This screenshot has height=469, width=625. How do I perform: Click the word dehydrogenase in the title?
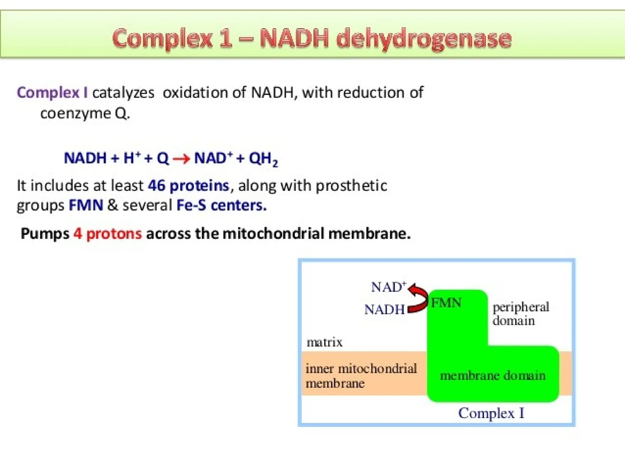click(x=424, y=39)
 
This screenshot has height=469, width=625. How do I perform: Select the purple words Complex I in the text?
click(x=52, y=93)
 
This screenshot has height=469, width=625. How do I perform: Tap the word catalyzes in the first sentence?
click(x=123, y=93)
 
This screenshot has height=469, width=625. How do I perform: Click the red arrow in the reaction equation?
click(x=181, y=159)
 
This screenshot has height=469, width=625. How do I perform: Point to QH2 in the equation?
click(x=263, y=159)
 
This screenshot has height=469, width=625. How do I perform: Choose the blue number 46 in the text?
click(x=156, y=186)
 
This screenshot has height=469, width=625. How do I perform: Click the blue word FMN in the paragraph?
click(x=86, y=205)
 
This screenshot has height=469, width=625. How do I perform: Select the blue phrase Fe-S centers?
click(x=222, y=205)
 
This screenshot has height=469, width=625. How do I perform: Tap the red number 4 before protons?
click(x=78, y=234)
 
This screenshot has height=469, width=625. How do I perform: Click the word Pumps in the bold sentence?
click(x=45, y=234)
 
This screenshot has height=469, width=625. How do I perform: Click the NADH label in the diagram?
click(x=384, y=310)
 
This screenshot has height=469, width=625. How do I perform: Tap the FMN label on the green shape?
click(x=446, y=303)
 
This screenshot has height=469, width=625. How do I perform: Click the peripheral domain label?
click(x=520, y=314)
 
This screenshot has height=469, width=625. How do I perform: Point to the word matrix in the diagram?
click(x=324, y=342)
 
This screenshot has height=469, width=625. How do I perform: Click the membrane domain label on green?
click(x=492, y=376)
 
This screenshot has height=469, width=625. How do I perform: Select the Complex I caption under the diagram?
click(x=491, y=413)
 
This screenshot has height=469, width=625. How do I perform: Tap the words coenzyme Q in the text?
click(x=85, y=114)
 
